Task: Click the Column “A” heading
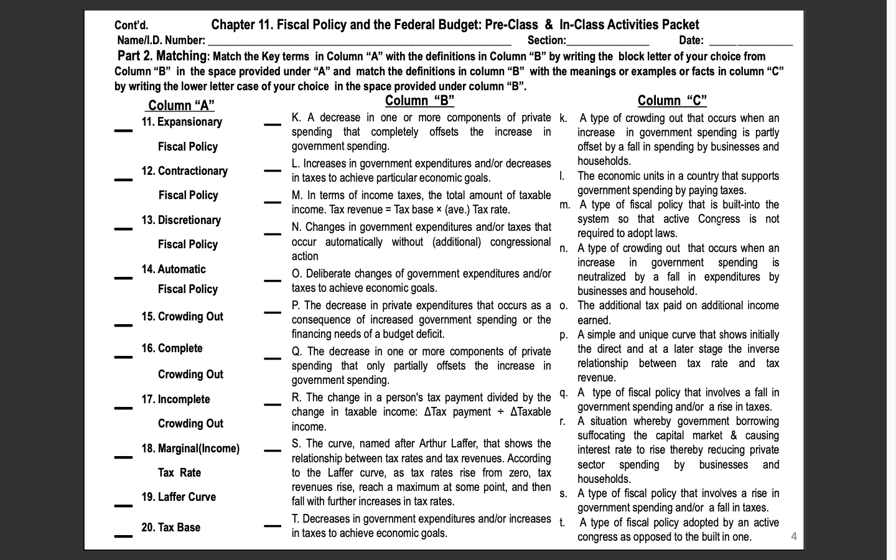point(181,105)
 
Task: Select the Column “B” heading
point(419,101)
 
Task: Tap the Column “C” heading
point(672,101)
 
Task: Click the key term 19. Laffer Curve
point(179,497)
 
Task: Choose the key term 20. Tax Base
point(170,527)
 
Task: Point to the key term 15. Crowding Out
point(182,316)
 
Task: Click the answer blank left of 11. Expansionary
point(123,130)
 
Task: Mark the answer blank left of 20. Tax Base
point(123,536)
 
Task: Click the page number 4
point(793,536)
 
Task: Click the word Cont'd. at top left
point(131,26)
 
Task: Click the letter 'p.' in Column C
point(564,335)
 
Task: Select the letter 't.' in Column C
point(563,523)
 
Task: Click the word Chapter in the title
point(233,25)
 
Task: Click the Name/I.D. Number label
point(161,40)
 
